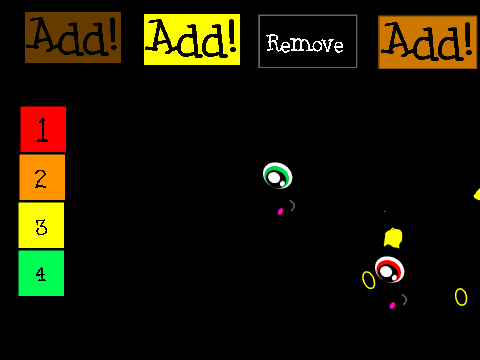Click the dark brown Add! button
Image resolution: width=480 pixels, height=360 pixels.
pos(73,37)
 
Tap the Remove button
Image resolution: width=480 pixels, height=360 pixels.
pos(307,41)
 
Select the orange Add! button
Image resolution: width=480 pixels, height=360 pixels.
pos(428,42)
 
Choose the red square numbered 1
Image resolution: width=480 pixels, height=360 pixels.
pos(43,129)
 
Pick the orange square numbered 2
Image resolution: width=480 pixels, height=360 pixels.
pos(42,177)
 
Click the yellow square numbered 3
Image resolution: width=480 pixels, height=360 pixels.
pos(41,225)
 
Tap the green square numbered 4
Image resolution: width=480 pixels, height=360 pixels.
pos(41,273)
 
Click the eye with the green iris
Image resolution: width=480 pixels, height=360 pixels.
pos(277,176)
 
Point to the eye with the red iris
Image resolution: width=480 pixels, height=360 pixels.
pos(389,270)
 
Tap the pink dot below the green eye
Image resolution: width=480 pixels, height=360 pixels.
pos(280,211)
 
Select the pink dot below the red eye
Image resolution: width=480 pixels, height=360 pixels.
pos(392,305)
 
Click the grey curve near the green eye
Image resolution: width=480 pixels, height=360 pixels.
pos(293,205)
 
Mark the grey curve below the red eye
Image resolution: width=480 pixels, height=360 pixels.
pos(405,299)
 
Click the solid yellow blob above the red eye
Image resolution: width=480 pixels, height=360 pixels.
pos(393,238)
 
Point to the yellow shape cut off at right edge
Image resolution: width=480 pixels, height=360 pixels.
pos(477,195)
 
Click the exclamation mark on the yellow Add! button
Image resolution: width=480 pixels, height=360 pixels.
pos(233,36)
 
